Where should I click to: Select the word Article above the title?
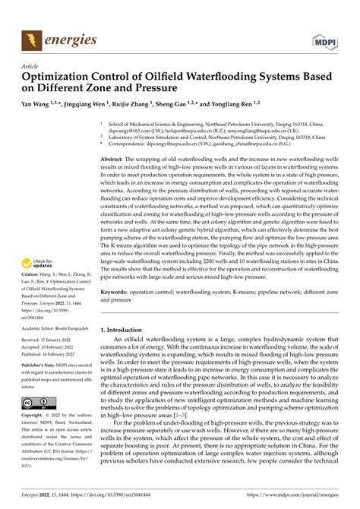tap(31, 66)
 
